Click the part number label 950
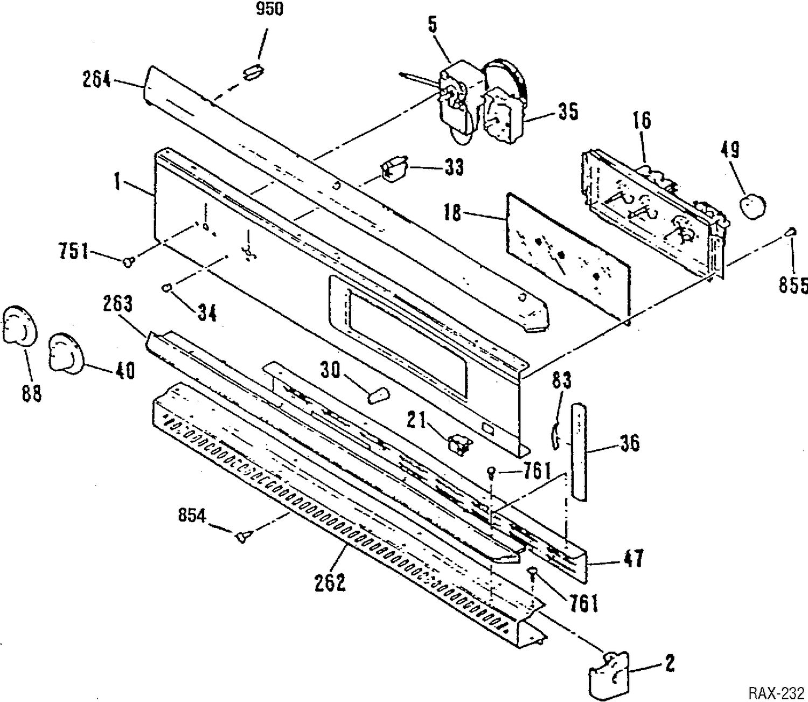(x=270, y=9)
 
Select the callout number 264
(x=97, y=80)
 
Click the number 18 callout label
(x=452, y=213)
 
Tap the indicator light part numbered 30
(x=378, y=395)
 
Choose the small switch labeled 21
(x=459, y=444)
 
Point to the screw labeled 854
(x=243, y=536)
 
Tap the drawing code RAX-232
(x=776, y=692)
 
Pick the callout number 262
(x=330, y=583)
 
